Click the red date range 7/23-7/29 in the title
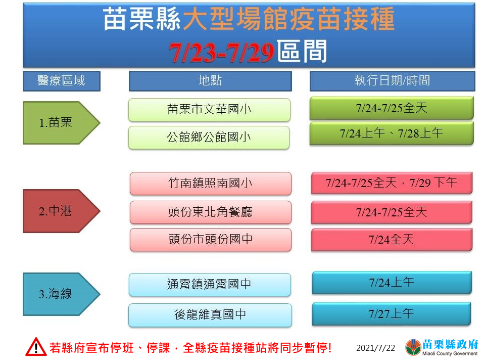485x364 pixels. (221, 52)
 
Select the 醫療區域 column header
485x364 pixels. (62, 81)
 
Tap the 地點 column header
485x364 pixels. (210, 81)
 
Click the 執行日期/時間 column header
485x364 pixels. (392, 81)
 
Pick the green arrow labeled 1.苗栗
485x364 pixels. (61, 123)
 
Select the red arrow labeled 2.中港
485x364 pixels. (61, 211)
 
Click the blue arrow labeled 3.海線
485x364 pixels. (61, 294)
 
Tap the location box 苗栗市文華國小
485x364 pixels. (209, 110)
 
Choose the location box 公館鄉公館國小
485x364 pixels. (209, 138)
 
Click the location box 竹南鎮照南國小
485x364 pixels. (211, 184)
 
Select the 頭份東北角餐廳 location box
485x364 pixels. (211, 212)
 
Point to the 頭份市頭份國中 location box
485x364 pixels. (211, 240)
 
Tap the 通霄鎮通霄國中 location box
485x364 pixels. (210, 285)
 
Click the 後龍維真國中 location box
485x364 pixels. (210, 315)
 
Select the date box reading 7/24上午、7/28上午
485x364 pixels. (392, 133)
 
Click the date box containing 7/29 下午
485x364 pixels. (392, 183)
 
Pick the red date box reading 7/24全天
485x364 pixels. (392, 240)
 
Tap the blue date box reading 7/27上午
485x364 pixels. (391, 314)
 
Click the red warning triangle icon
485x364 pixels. (36, 347)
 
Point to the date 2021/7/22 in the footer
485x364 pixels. (375, 348)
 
